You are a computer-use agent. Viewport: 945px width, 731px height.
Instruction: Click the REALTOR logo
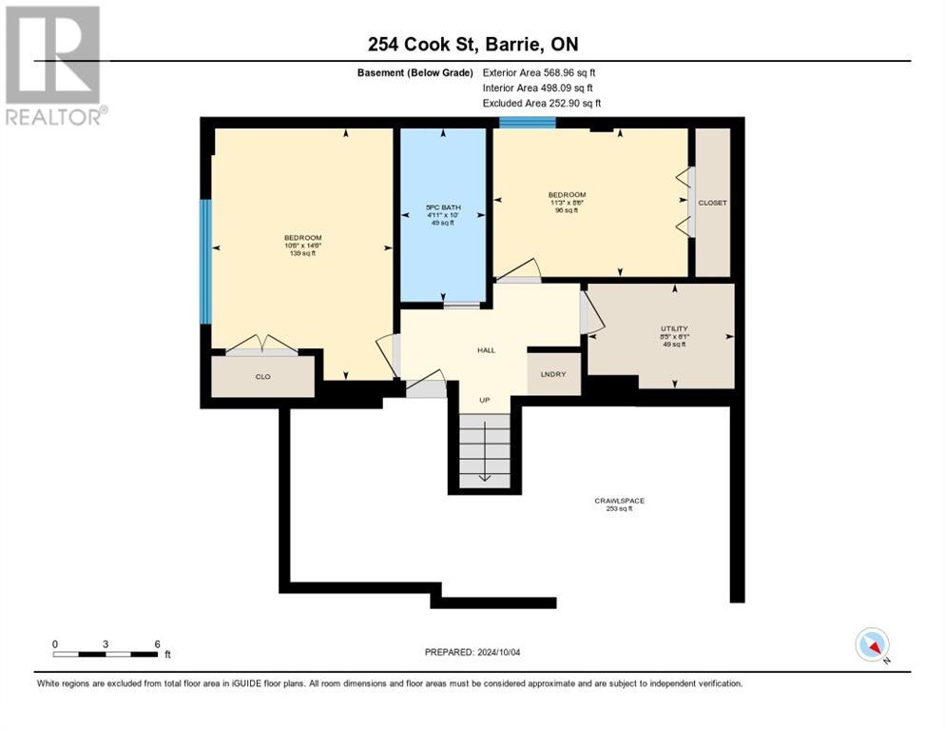[x=53, y=66]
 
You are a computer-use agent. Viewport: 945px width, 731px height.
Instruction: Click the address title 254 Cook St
[x=472, y=44]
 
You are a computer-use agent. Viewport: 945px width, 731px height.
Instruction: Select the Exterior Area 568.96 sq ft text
[x=539, y=72]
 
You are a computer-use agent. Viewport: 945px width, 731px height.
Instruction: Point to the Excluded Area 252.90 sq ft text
[x=541, y=103]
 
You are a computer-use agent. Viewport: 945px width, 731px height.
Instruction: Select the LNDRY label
[x=553, y=374]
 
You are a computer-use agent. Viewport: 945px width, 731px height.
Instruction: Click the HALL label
[x=486, y=350]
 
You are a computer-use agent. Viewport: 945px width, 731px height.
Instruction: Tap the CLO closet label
[x=263, y=377]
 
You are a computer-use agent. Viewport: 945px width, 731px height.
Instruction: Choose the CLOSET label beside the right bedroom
[x=712, y=203]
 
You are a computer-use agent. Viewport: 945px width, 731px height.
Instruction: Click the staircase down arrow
[x=484, y=475]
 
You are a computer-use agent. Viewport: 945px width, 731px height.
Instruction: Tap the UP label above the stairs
[x=484, y=400]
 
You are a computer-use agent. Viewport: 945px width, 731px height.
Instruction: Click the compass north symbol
[x=872, y=644]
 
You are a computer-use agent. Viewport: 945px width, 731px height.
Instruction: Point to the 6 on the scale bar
[x=157, y=643]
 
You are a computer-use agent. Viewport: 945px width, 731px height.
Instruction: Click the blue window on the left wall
[x=204, y=261]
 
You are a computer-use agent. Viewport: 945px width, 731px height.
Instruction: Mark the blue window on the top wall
[x=527, y=122]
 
